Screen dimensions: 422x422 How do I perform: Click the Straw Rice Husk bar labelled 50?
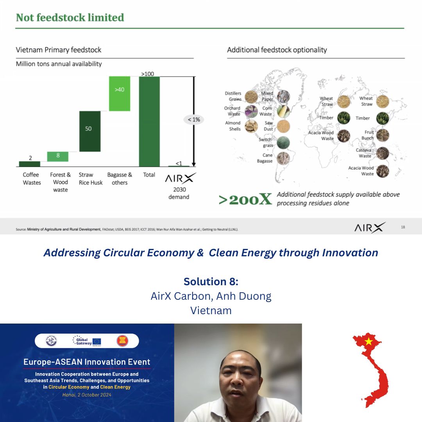click(90, 131)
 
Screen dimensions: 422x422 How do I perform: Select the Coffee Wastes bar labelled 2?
click(30, 164)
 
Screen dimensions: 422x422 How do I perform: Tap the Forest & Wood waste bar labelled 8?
click(58, 156)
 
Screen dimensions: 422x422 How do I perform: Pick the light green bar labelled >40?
click(120, 94)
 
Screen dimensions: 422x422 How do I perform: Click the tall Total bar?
click(149, 122)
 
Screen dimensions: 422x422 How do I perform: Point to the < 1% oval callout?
click(194, 120)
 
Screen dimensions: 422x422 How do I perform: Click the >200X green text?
click(245, 199)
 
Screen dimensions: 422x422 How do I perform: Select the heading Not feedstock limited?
click(70, 18)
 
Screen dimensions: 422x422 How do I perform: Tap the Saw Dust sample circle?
click(284, 126)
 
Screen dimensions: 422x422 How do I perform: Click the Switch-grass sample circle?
click(284, 142)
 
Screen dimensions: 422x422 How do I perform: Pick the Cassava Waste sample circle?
click(383, 153)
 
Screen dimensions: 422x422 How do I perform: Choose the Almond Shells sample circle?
click(251, 126)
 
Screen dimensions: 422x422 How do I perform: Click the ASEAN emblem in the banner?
click(122, 341)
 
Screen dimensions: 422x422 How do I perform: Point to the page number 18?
click(403, 227)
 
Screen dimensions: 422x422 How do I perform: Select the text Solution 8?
click(211, 281)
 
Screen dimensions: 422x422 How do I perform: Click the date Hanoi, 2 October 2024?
click(87, 395)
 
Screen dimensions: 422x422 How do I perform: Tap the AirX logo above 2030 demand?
click(180, 179)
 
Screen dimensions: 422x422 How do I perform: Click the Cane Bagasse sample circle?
click(284, 158)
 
